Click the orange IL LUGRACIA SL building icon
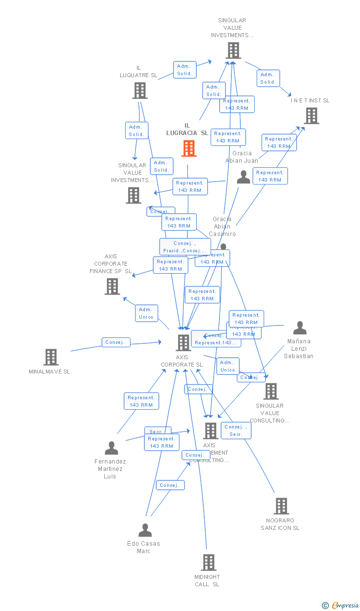click(189, 148)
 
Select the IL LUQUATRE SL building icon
click(140, 91)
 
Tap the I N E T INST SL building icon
click(311, 116)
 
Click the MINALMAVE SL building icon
click(51, 357)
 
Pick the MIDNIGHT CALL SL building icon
click(208, 563)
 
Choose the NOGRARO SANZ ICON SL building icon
click(281, 506)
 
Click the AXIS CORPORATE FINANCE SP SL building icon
click(112, 286)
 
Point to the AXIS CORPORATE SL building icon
click(183, 342)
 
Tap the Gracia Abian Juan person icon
click(243, 177)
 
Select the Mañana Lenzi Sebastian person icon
click(300, 328)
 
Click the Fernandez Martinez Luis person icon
click(112, 448)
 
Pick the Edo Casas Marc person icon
click(145, 530)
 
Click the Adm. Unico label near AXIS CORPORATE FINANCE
click(146, 313)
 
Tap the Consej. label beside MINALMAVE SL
click(116, 342)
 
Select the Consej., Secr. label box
click(236, 430)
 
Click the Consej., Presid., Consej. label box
click(185, 247)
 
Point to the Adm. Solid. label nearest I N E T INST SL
click(268, 78)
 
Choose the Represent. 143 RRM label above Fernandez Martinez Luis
click(141, 401)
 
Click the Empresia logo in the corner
click(340, 605)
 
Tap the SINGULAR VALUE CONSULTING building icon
click(270, 391)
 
